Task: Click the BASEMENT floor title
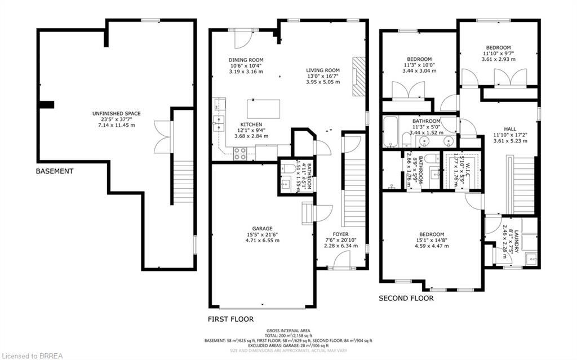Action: point(54,171)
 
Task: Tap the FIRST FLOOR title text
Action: point(230,319)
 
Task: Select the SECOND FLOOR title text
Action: point(406,298)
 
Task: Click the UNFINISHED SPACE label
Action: point(116,114)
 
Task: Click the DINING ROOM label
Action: point(246,60)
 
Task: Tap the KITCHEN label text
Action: point(251,125)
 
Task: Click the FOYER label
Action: point(340,234)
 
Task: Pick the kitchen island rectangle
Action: point(263,108)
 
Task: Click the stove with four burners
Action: point(240,153)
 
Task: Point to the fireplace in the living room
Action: point(357,78)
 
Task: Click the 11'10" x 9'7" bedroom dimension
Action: point(498,54)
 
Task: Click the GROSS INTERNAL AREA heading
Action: point(288,330)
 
